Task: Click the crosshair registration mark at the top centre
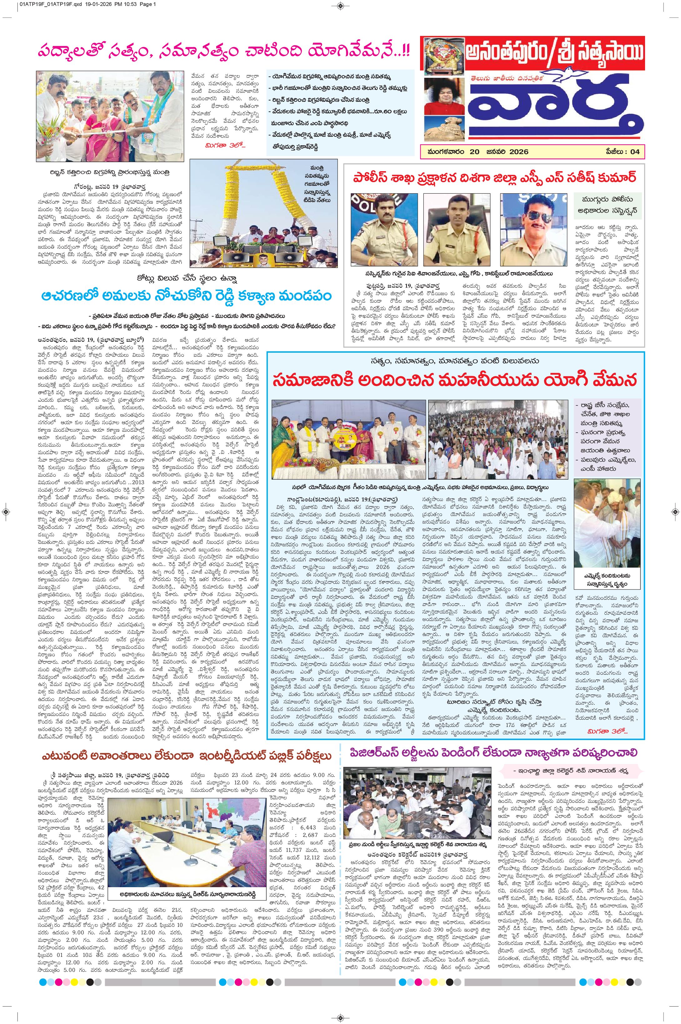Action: pos(340,5)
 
